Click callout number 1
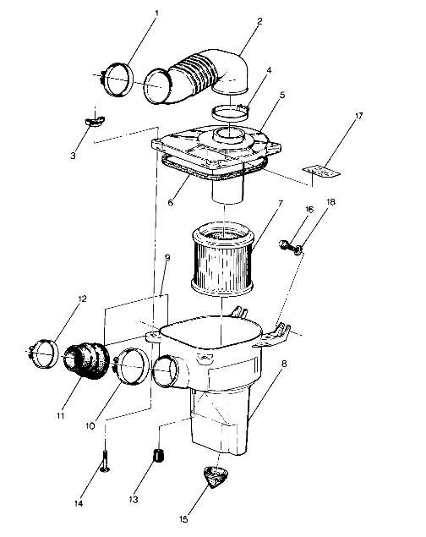coord(155,14)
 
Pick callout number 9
coord(167,259)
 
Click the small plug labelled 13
coord(156,458)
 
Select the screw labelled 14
coord(104,463)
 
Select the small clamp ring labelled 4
coord(233,109)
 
